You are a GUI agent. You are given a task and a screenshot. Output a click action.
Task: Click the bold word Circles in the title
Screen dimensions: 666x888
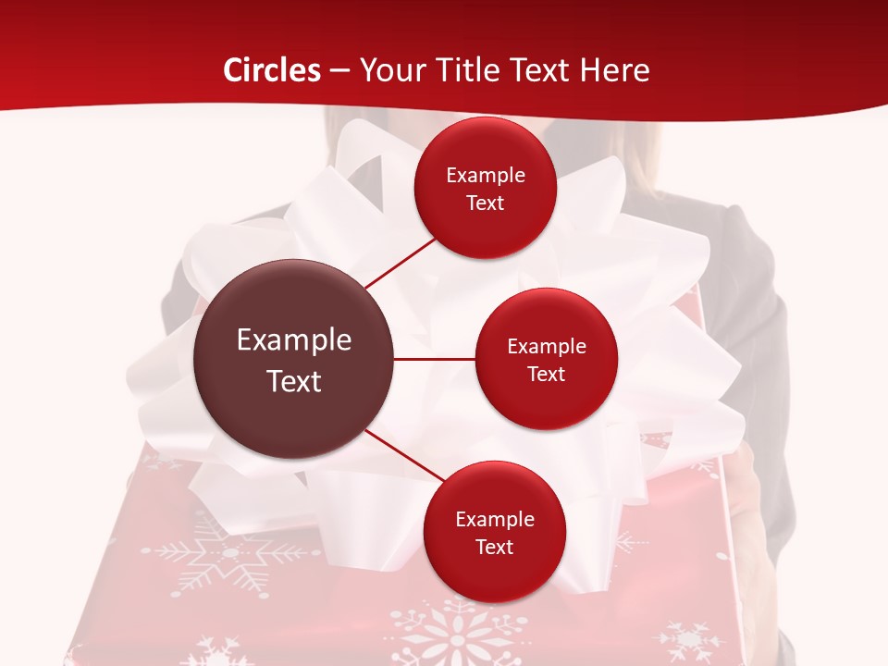pos(272,70)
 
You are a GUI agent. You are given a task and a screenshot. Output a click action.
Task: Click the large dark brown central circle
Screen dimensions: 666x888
pos(294,359)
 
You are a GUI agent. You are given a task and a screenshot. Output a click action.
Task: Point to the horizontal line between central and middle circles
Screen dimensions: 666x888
pos(434,359)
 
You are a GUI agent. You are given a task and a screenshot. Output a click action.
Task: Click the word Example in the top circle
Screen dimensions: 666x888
pos(486,176)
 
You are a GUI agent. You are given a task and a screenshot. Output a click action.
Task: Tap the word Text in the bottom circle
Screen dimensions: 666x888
pos(494,547)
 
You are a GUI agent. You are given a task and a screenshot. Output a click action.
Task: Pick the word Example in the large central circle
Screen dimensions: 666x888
pos(294,340)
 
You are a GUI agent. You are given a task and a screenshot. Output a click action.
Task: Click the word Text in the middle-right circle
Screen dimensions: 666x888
pos(547,375)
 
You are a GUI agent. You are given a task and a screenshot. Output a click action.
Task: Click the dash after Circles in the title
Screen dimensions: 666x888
pos(339,71)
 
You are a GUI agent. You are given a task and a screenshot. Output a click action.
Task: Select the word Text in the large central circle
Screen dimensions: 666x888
pos(294,381)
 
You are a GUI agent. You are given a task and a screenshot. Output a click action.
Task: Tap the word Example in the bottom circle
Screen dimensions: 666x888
pos(494,520)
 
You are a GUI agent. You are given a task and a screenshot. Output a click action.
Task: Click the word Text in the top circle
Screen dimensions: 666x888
pos(486,203)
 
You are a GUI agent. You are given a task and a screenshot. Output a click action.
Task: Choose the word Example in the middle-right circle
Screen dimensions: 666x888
pos(547,347)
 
